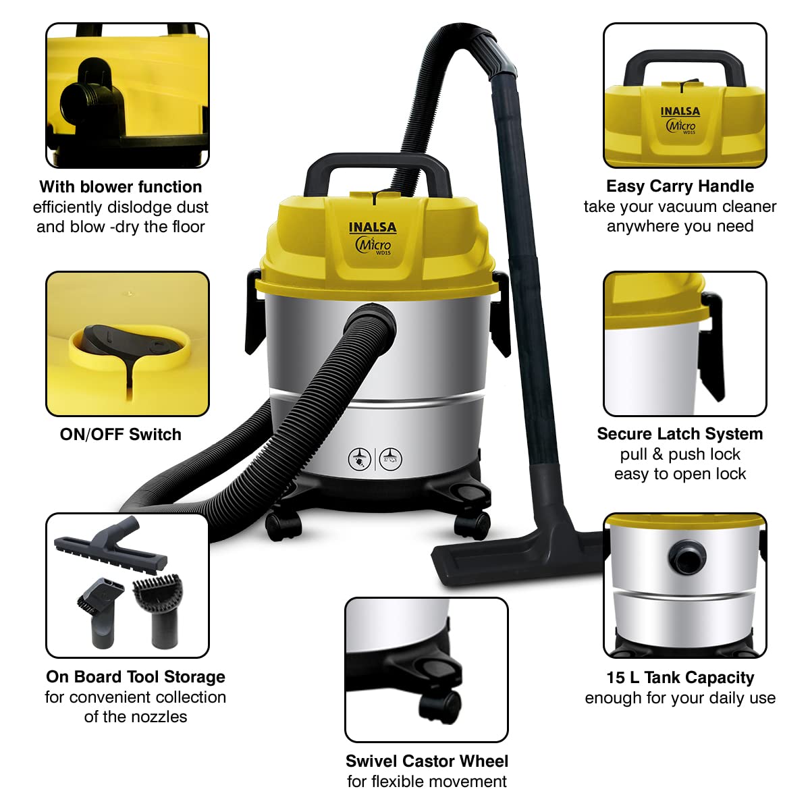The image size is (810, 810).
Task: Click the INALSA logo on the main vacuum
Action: pyautogui.click(x=373, y=228)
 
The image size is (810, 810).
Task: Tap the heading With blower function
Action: pyautogui.click(x=121, y=187)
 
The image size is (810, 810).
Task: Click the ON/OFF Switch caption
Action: pyautogui.click(x=121, y=435)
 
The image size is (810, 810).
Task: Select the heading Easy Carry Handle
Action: pyautogui.click(x=680, y=186)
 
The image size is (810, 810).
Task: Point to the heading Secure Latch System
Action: pyautogui.click(x=680, y=434)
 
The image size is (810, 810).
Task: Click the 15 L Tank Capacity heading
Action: pyautogui.click(x=680, y=678)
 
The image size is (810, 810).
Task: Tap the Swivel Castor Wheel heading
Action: pyautogui.click(x=427, y=761)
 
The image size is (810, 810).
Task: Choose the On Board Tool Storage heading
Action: pyautogui.click(x=136, y=677)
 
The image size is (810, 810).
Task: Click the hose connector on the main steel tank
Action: pyautogui.click(x=371, y=321)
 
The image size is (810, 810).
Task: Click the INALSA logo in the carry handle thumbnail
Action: pyautogui.click(x=680, y=111)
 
